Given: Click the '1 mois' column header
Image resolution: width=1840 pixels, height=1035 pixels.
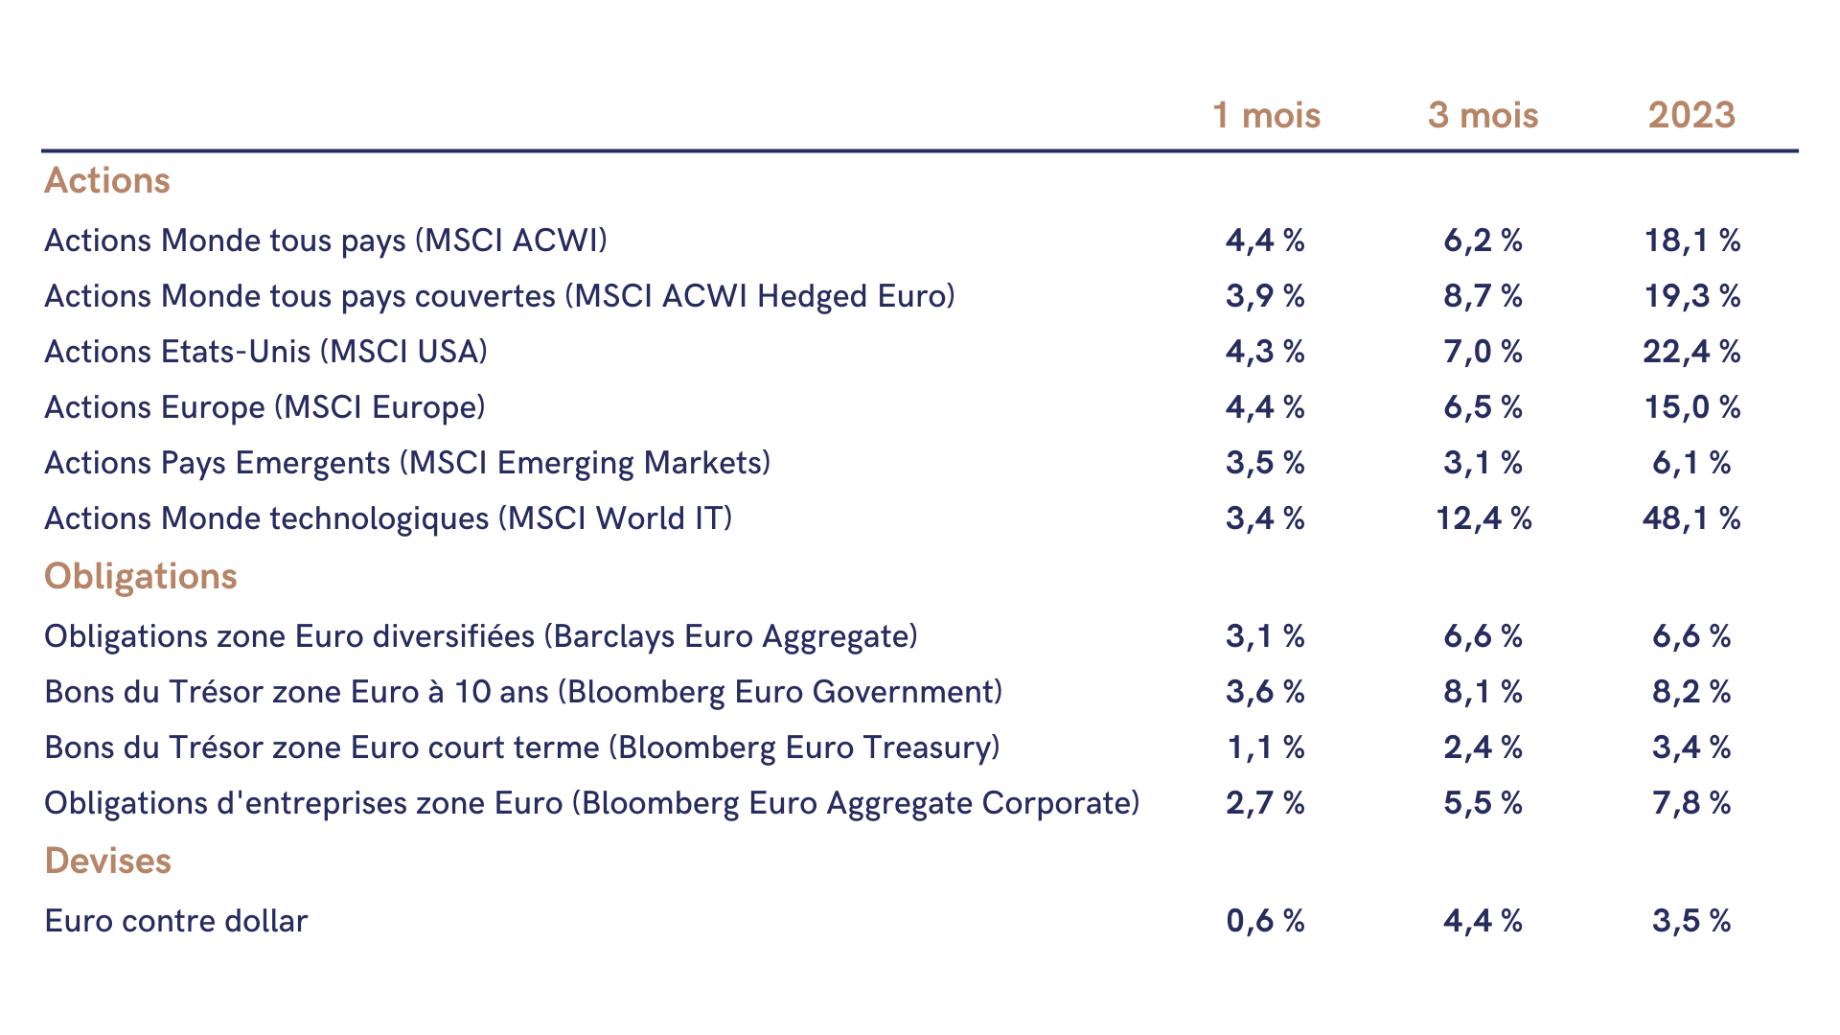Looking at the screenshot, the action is [x=1266, y=115].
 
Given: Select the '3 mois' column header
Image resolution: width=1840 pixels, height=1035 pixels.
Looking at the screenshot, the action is [x=1483, y=115].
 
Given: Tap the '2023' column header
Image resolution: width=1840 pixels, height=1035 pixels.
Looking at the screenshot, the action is [x=1691, y=115].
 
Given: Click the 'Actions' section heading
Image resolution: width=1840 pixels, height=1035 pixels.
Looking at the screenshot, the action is [x=107, y=180].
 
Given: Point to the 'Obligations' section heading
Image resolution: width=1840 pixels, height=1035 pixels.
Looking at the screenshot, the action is [x=141, y=576].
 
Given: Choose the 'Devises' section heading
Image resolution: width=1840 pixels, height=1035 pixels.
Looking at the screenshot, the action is [x=107, y=861].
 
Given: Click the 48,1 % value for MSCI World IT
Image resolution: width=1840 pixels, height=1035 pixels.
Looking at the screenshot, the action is [x=1691, y=518].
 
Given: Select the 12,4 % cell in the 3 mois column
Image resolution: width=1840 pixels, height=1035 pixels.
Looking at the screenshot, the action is [x=1483, y=518].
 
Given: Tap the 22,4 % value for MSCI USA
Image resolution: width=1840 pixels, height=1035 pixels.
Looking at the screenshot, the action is [x=1691, y=352].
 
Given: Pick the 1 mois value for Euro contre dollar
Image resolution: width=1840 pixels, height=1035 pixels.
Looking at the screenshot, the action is [x=1265, y=921].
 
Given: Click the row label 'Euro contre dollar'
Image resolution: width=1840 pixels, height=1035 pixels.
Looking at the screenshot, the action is [x=176, y=921].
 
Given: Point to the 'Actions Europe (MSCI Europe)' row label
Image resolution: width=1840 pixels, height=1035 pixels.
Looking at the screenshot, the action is [x=265, y=407].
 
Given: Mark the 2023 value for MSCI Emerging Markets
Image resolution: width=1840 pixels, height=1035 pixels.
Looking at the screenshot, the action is [x=1691, y=463].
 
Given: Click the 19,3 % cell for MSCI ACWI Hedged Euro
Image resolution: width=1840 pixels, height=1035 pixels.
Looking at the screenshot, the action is [x=1691, y=296].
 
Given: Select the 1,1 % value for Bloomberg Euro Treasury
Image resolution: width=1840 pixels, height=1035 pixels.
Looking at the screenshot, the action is [x=1265, y=747].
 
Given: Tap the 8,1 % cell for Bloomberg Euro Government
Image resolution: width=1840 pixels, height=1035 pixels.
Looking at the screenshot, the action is [x=1483, y=691].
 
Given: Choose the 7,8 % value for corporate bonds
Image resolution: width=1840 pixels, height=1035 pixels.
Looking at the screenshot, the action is [x=1691, y=802].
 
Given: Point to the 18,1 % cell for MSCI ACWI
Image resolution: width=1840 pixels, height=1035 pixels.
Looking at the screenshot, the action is [x=1691, y=241].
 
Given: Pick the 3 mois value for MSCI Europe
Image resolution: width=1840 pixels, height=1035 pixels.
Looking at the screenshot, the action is [x=1483, y=407].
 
